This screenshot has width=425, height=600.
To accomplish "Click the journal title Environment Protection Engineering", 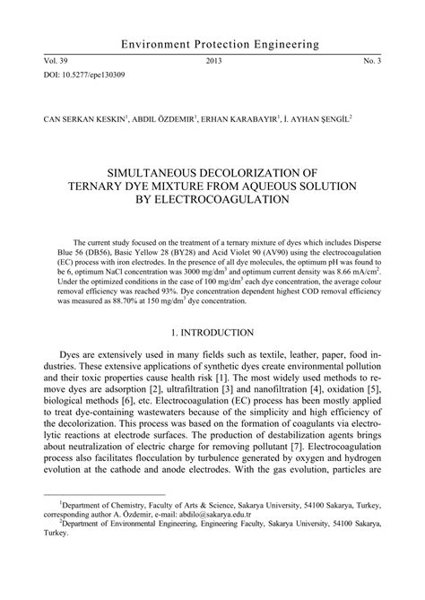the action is click(x=212, y=43).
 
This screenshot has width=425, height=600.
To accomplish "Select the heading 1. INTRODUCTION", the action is click(x=212, y=331).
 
